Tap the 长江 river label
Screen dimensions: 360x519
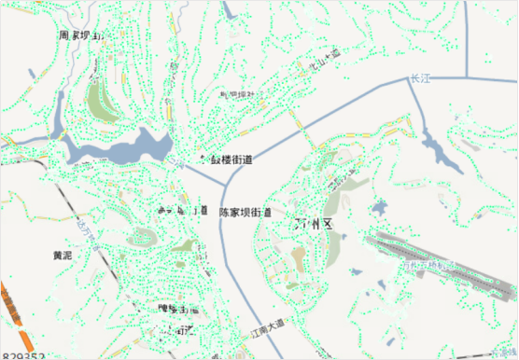click(421, 80)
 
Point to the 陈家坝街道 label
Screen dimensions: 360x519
click(245, 213)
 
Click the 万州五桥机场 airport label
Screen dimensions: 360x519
click(425, 268)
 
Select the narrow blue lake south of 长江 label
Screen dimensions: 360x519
click(436, 148)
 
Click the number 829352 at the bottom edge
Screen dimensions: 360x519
click(24, 355)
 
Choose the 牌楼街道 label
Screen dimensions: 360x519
click(176, 309)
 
